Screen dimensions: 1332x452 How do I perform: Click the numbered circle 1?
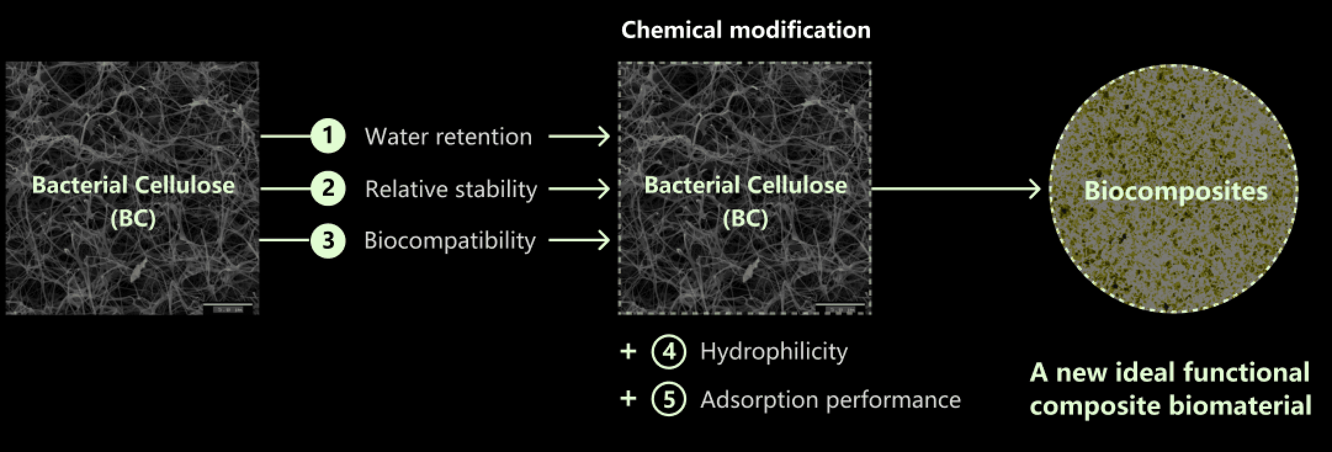point(328,136)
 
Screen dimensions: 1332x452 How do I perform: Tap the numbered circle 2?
point(328,188)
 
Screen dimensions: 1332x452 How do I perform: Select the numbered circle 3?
point(328,240)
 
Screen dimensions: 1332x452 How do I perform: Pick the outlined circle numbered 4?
point(669,351)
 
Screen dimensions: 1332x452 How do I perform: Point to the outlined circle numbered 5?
point(669,399)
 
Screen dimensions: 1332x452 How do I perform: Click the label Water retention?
point(448,137)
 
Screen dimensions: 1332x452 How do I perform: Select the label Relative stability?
point(451,189)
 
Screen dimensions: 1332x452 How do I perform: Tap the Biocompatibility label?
point(449,241)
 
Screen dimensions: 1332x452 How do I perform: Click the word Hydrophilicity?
point(773,352)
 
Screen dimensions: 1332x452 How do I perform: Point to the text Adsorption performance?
point(830,400)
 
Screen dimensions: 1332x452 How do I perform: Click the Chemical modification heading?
point(745,30)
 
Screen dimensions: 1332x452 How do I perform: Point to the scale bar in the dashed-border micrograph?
point(840,308)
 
